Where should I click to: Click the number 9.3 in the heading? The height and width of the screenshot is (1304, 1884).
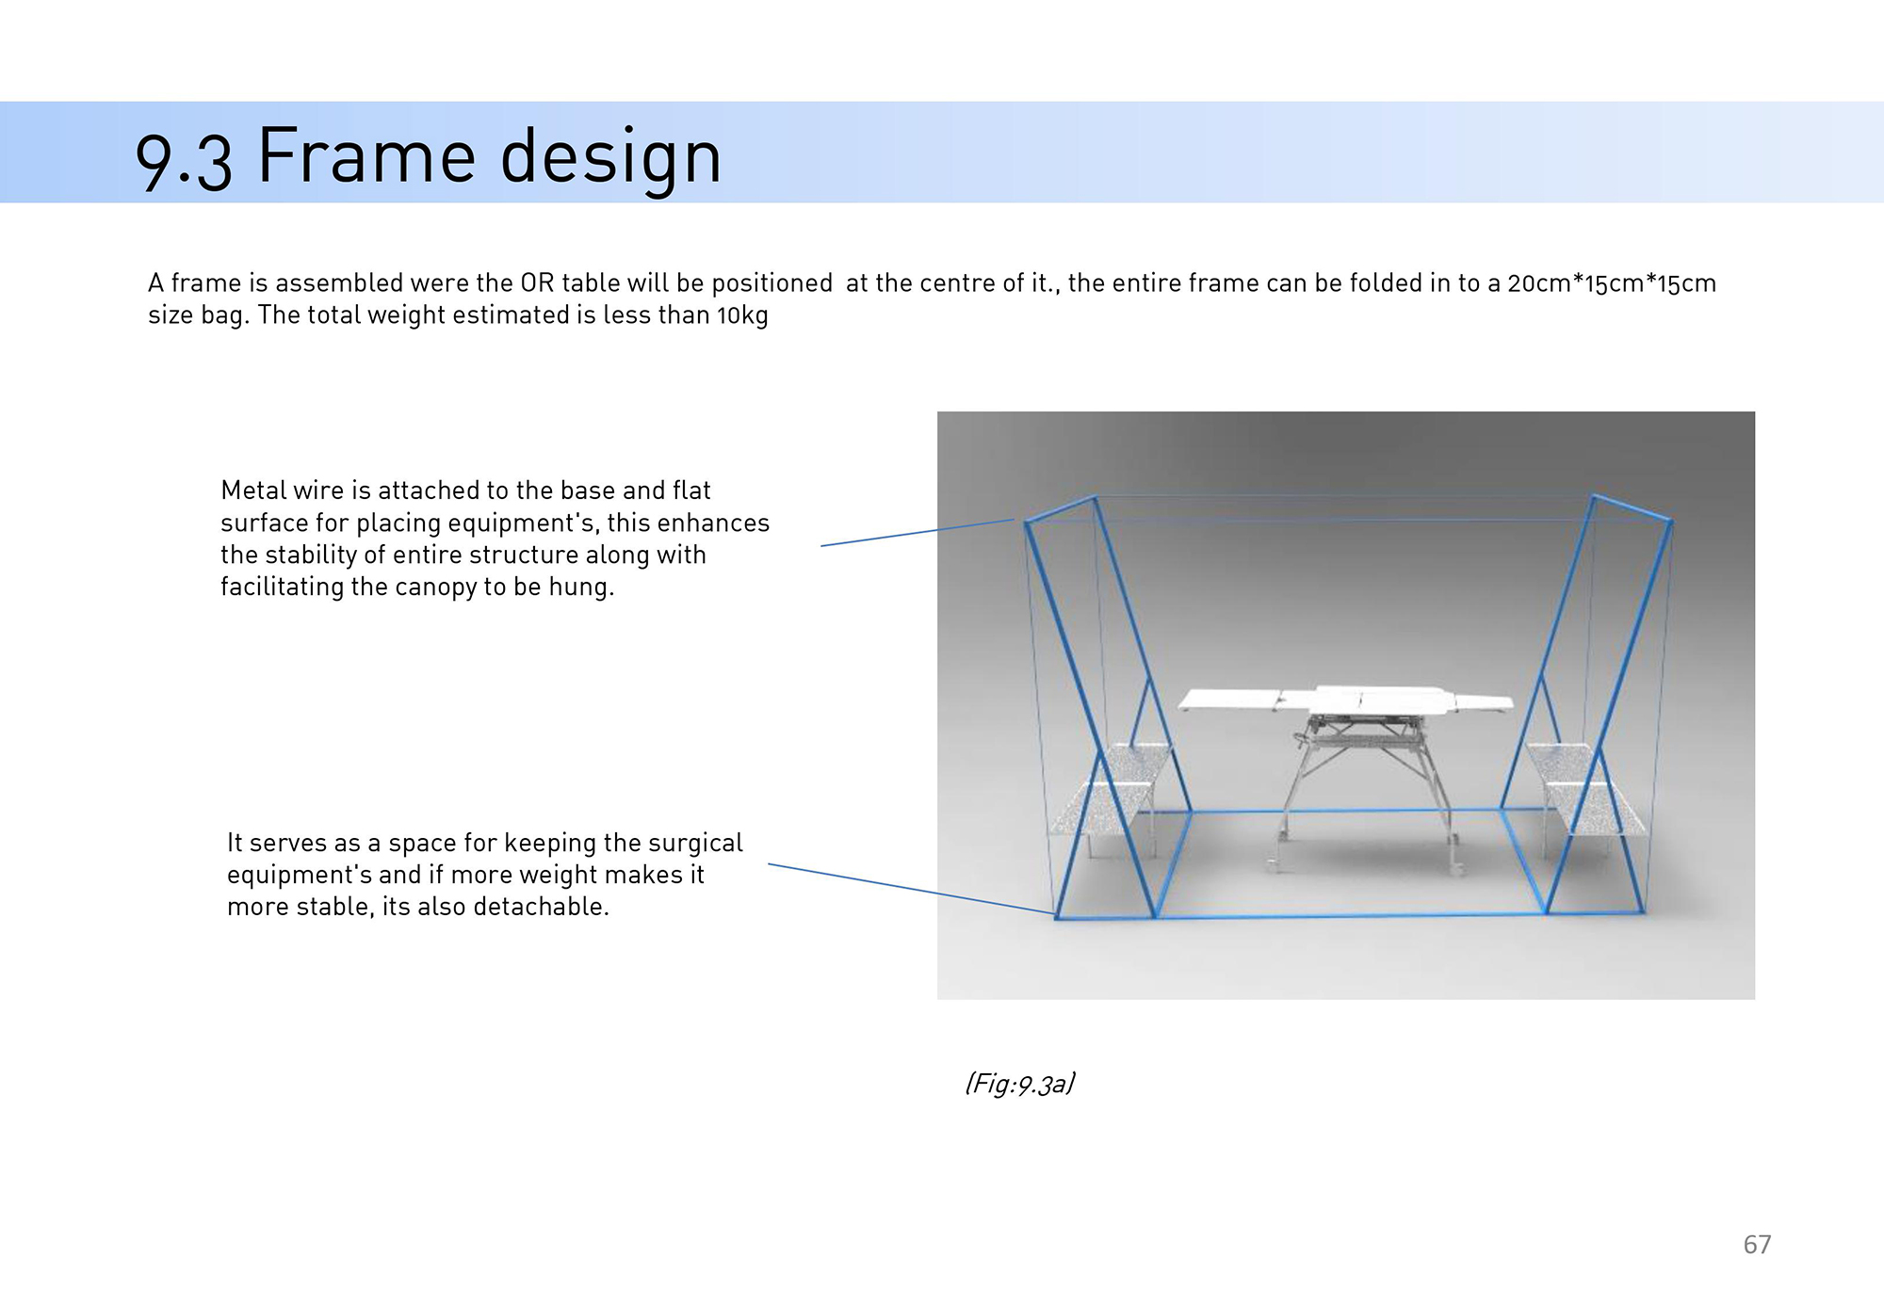184,160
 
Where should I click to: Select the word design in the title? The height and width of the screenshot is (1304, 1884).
610,158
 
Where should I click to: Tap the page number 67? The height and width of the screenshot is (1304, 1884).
1757,1245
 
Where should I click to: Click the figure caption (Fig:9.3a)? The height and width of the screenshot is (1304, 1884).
1020,1084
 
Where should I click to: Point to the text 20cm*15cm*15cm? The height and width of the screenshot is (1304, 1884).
1612,283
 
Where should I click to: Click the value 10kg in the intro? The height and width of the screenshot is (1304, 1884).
742,315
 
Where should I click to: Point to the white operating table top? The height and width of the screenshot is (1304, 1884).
1345,700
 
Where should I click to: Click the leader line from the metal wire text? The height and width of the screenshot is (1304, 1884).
918,533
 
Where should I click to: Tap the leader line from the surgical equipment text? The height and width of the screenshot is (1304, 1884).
911,889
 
